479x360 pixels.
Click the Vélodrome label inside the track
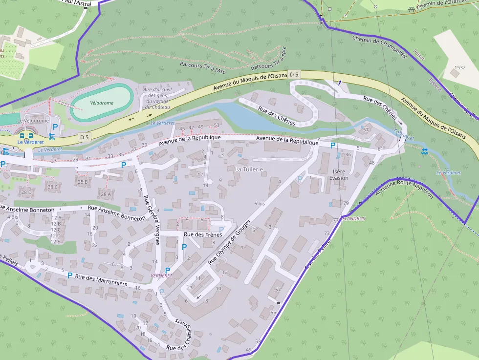(102, 103)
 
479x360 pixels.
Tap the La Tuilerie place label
(249, 169)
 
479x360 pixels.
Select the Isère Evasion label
(340, 174)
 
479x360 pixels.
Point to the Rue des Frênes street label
(202, 235)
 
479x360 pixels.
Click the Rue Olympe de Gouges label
(229, 242)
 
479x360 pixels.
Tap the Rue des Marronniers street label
(101, 280)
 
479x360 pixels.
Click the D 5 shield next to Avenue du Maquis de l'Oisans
(294, 74)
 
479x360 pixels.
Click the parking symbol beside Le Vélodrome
(55, 127)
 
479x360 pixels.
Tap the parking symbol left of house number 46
(333, 145)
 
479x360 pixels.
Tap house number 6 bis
(259, 204)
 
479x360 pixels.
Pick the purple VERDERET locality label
(162, 276)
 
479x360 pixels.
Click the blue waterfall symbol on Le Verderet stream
(424, 151)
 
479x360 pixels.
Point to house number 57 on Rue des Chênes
(366, 130)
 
